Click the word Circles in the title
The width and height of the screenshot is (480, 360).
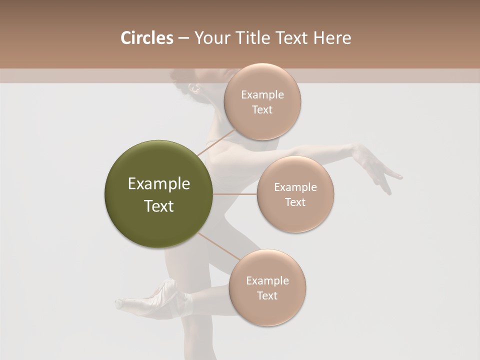point(146,38)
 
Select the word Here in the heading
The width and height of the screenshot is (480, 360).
point(332,38)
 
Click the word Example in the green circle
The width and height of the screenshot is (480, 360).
point(159,184)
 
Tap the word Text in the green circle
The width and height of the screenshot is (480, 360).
point(159,206)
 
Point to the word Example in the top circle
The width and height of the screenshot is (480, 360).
point(262,95)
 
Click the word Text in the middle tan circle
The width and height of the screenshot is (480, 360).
point(295,202)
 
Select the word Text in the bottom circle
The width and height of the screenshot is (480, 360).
point(267,295)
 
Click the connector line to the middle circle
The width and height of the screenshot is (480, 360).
point(235,194)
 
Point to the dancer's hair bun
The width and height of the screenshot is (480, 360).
point(178,76)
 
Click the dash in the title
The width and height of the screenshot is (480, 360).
point(183,38)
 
